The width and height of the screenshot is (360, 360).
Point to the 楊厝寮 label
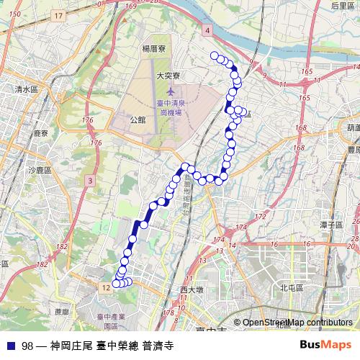pyautogui.click(x=155, y=49)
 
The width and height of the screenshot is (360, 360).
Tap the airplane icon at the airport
pyautogui.click(x=171, y=91)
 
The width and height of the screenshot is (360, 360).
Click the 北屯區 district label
pyautogui.click(x=292, y=287)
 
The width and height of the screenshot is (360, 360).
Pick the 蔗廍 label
pyautogui.click(x=61, y=312)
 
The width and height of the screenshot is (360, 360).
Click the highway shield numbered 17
pyautogui.click(x=58, y=15)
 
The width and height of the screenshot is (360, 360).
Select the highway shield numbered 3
pyautogui.click(x=89, y=179)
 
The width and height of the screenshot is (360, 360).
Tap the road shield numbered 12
pyautogui.click(x=106, y=287)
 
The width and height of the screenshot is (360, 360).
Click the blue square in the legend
pyautogui.click(x=9, y=346)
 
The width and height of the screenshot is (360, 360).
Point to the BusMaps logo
pyautogui.click(x=325, y=346)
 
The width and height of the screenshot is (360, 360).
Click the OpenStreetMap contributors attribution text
pyautogui.click(x=297, y=323)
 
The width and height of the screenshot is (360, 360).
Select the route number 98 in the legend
pyautogui.click(x=27, y=346)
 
